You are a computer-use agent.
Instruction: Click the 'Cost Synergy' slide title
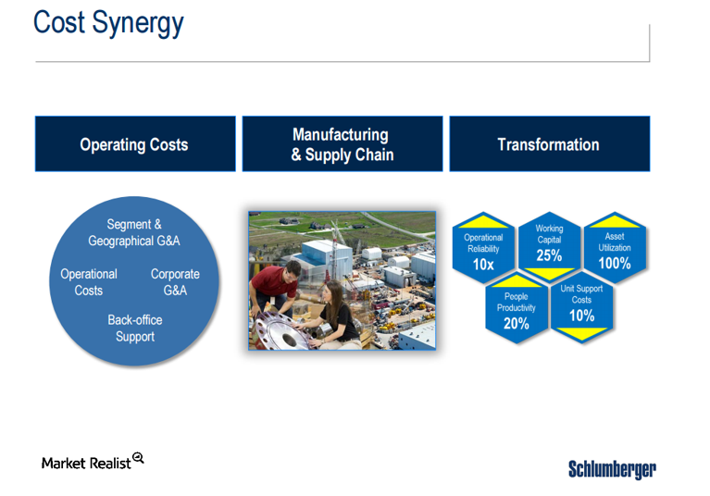click(x=108, y=22)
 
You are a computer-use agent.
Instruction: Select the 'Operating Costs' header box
click(x=134, y=144)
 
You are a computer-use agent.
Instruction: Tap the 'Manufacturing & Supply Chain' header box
click(x=343, y=144)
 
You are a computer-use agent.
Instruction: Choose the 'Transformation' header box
click(x=548, y=144)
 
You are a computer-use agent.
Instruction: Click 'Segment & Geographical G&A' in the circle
click(x=134, y=232)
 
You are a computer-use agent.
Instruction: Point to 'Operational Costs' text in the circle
click(x=89, y=282)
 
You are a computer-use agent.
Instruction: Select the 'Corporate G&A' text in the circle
click(x=175, y=282)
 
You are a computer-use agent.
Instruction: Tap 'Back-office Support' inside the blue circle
click(x=135, y=329)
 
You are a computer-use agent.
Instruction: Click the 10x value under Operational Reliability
click(x=482, y=265)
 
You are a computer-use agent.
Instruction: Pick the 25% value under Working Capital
click(x=549, y=255)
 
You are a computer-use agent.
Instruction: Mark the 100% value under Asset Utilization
click(x=614, y=264)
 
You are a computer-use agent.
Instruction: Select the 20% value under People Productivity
click(x=516, y=324)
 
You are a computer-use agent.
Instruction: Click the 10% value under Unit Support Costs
click(x=581, y=316)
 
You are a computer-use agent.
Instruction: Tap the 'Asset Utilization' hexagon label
click(x=614, y=242)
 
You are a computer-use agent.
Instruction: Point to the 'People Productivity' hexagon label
click(x=516, y=303)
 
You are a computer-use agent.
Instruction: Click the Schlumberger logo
click(x=612, y=469)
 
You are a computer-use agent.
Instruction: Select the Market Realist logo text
click(x=86, y=463)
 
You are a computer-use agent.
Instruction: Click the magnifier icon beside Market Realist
click(x=138, y=458)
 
